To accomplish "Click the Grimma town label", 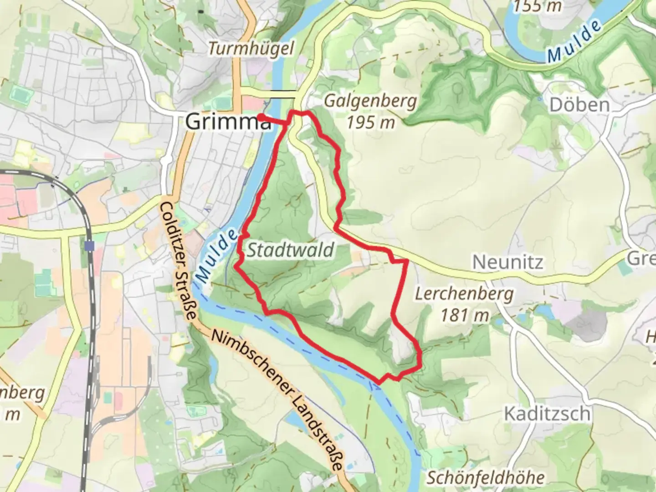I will point(227,122).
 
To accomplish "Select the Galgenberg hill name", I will point(370,101).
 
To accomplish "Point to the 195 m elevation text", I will point(370,122).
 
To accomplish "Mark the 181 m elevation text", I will point(464,315).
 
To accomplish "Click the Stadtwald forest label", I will point(291,250).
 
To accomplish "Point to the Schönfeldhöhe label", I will point(486,478).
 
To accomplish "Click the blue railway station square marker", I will point(89,246).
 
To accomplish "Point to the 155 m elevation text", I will point(538,6).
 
